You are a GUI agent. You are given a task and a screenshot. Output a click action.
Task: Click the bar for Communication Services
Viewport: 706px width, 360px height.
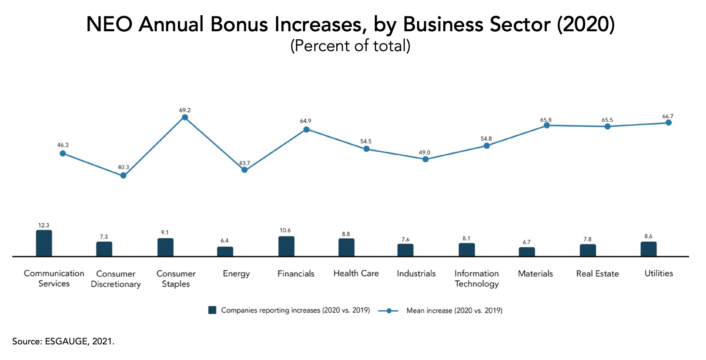(44, 243)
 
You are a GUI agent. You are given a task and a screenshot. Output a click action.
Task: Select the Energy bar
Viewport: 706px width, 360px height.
(225, 251)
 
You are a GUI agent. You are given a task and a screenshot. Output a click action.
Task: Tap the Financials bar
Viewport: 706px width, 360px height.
(286, 246)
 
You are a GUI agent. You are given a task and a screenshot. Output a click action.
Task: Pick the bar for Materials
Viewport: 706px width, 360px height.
(526, 252)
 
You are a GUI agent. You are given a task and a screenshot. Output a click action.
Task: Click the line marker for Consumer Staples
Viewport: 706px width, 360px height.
(185, 117)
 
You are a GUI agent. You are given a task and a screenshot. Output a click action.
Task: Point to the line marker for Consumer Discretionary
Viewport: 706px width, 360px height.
(123, 175)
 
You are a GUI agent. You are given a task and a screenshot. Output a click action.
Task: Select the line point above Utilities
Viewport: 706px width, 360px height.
(668, 123)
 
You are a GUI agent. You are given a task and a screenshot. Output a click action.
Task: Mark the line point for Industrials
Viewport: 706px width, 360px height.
(425, 159)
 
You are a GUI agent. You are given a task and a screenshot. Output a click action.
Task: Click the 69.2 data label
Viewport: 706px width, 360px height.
(185, 110)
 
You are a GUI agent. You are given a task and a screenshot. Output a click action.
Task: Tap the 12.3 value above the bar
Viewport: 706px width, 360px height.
(44, 225)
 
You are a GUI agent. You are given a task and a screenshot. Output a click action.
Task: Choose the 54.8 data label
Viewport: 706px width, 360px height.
(486, 139)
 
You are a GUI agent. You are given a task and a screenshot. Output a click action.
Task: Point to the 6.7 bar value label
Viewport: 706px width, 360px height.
(526, 242)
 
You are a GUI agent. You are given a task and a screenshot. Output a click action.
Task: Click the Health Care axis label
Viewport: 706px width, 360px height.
(356, 273)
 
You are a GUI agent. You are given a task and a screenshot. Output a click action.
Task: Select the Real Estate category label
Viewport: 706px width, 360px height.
(597, 273)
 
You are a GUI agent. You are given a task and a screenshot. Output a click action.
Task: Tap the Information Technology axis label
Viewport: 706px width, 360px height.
(477, 278)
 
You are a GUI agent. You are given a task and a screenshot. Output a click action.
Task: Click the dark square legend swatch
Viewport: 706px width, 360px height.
(212, 310)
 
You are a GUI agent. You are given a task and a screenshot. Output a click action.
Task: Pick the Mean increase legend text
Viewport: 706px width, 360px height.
(454, 311)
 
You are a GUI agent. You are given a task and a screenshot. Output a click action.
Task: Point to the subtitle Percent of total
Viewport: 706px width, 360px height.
(350, 46)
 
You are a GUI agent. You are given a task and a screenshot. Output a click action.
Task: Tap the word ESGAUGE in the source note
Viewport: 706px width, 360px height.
(66, 341)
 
